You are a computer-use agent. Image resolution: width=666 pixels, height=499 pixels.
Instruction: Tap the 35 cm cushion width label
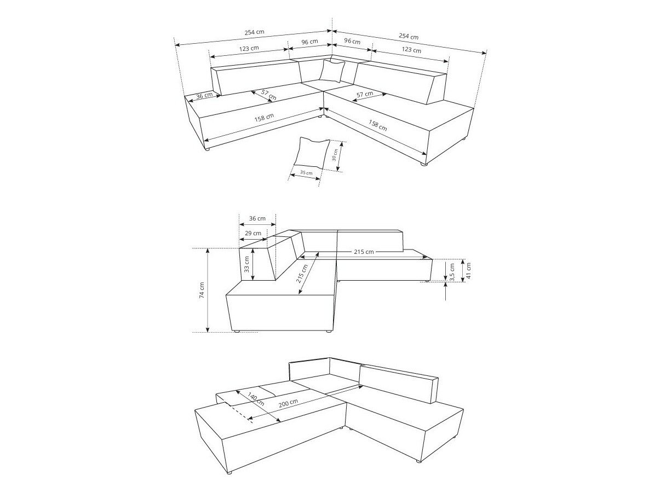(306, 173)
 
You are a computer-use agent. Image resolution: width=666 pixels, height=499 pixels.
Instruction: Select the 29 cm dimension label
(254, 233)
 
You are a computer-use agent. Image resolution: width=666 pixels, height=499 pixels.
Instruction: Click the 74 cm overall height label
(202, 290)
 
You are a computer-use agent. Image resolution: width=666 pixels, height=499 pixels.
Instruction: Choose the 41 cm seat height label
(468, 269)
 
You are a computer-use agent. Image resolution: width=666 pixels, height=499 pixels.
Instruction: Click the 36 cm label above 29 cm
(257, 218)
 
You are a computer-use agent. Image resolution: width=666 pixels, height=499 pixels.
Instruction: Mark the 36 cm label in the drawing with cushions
(204, 96)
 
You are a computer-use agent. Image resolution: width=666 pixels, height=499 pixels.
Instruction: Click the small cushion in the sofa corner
(332, 71)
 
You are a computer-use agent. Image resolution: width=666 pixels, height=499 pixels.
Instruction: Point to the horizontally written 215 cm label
(363, 252)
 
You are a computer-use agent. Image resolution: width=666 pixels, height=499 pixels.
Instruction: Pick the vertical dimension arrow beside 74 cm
(208, 290)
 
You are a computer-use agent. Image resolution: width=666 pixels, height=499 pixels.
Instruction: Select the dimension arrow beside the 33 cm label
(253, 265)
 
